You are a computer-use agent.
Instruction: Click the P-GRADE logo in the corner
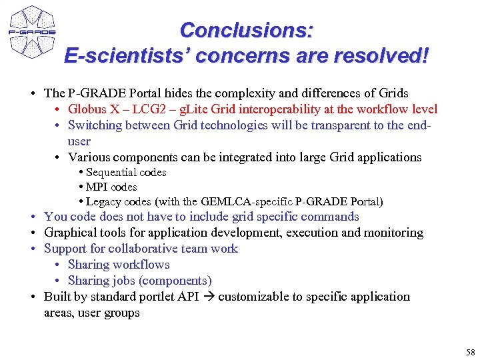coord(31,31)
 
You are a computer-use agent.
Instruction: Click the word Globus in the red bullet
coord(88,109)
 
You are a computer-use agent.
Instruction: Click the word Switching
coord(93,125)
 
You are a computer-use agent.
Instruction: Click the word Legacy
coord(103,201)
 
